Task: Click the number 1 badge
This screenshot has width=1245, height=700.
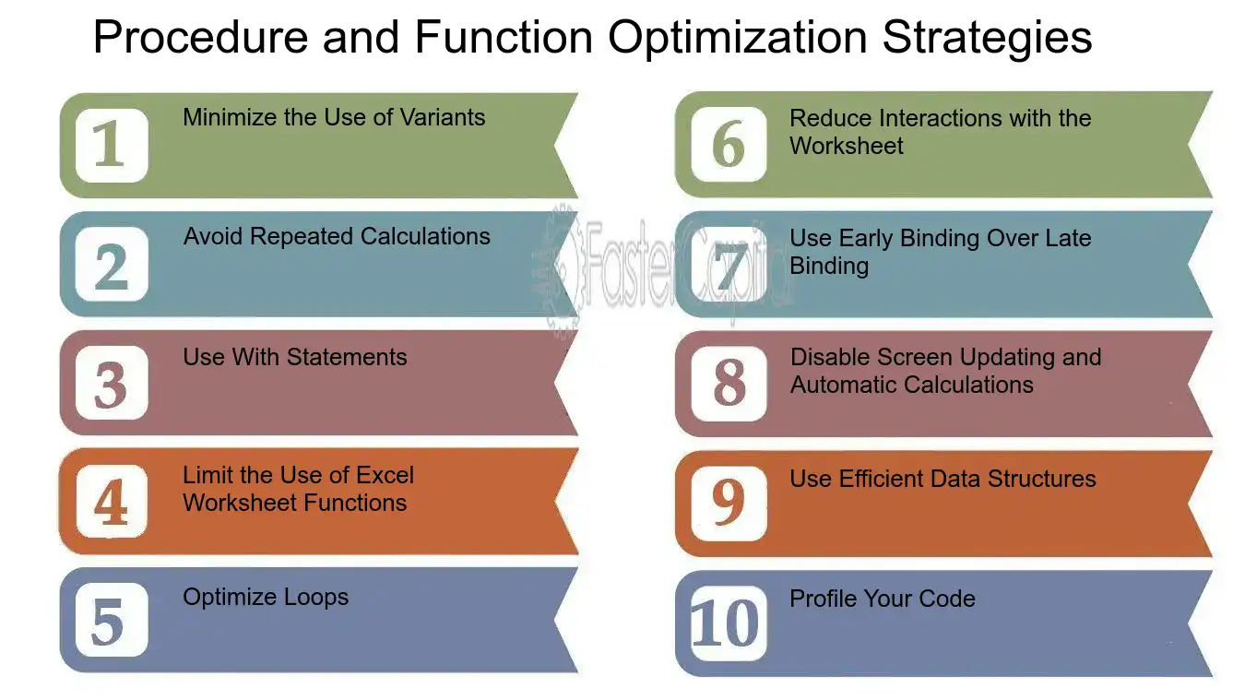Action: [112, 145]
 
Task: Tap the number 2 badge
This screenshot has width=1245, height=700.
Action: [112, 264]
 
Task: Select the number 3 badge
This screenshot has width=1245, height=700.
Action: [112, 383]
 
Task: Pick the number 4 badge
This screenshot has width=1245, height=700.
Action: [112, 502]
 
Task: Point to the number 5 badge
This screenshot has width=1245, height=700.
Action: [112, 620]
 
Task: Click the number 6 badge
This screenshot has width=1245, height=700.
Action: [729, 144]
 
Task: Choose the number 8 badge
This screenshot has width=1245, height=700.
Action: [729, 383]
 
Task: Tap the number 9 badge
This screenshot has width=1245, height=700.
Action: [729, 504]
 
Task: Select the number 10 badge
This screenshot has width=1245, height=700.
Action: [729, 623]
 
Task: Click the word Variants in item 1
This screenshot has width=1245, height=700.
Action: [443, 117]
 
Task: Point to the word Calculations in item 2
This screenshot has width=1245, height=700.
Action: [425, 236]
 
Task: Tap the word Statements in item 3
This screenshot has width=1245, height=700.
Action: [346, 357]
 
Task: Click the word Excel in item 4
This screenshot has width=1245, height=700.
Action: [385, 475]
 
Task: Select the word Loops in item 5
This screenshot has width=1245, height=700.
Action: [315, 597]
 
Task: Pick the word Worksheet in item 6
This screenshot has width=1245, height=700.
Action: [847, 147]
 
